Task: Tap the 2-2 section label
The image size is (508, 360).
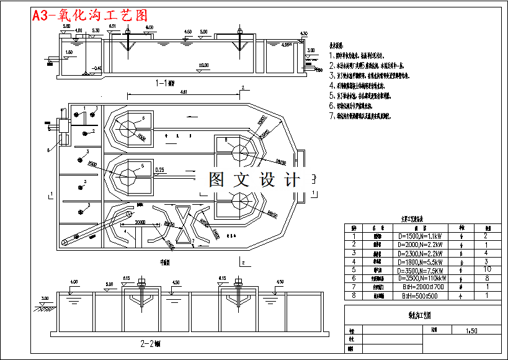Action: pos(150,343)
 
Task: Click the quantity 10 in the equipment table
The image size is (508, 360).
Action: pos(488,271)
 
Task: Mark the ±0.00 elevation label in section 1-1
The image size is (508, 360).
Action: pos(203,65)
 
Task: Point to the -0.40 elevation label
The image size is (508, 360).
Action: pos(96,68)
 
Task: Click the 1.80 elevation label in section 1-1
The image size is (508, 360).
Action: pos(68,52)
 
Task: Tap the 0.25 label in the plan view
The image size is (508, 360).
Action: pos(159,169)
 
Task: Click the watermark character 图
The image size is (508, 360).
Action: pos(216,180)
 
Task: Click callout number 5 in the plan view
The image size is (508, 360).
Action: pos(143,166)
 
